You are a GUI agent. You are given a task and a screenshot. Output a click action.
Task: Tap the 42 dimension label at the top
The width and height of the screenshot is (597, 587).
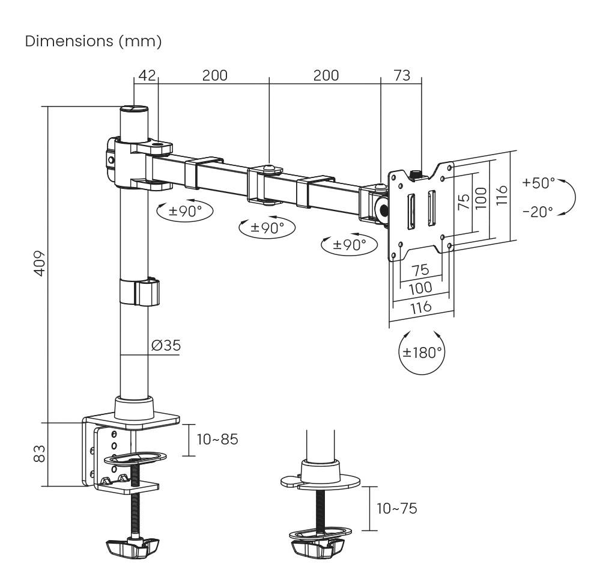pos(147,75)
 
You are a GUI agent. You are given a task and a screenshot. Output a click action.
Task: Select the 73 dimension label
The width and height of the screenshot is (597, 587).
pos(402,75)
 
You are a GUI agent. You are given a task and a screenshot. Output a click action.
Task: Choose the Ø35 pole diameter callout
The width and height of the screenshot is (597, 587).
pos(166,345)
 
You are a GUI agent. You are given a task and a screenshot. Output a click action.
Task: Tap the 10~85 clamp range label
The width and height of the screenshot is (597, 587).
pos(217,439)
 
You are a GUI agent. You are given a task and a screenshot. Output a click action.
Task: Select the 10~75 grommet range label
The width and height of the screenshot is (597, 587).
pos(396,508)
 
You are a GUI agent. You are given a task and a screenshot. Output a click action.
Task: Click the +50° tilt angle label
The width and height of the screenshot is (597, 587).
pos(539,182)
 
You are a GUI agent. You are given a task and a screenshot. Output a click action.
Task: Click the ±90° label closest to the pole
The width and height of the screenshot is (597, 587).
pos(184,211)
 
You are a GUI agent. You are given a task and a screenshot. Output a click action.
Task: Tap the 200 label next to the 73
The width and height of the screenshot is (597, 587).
pos(326,75)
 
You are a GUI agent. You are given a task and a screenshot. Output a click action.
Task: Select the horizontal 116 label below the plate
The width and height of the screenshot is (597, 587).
pos(420,307)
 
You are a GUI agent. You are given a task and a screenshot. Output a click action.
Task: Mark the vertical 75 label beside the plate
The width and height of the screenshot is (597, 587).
pos(463,201)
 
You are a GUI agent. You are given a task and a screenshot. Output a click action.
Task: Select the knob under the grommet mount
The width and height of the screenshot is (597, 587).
pos(318,547)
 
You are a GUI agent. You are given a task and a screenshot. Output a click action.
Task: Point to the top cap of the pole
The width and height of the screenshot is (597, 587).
pos(134,109)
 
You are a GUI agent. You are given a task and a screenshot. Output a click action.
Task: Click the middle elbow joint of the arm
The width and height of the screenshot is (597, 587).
pos(269,183)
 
